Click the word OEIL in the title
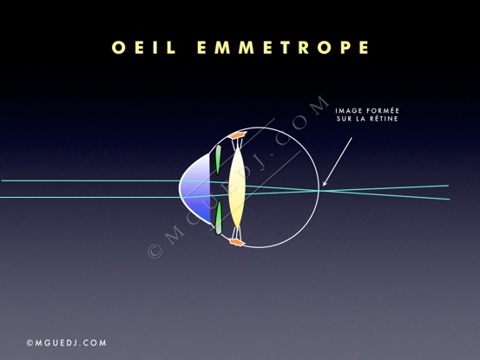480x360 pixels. [x=143, y=48]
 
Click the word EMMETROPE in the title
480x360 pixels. [x=283, y=48]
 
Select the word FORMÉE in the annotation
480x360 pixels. [x=384, y=110]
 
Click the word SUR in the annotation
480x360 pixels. [x=344, y=119]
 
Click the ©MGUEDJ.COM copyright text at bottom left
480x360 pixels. [x=67, y=343]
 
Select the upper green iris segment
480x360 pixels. [x=218, y=160]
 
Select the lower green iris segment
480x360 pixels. [x=219, y=217]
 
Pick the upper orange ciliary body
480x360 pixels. [x=238, y=134]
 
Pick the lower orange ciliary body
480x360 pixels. [x=238, y=242]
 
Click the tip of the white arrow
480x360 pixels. [x=323, y=186]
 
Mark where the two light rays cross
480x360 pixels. [x=319, y=190]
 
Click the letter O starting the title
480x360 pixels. [x=118, y=48]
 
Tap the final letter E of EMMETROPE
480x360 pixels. [x=365, y=48]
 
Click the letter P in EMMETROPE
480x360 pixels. [x=345, y=48]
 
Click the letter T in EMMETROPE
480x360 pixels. [x=286, y=48]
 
